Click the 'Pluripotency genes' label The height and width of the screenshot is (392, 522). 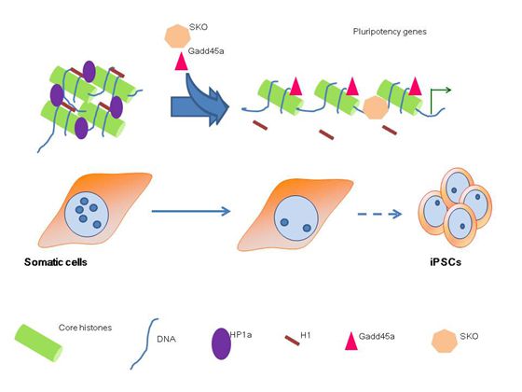390,32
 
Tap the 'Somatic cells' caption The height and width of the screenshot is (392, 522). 56,262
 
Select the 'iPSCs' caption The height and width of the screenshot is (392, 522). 446,262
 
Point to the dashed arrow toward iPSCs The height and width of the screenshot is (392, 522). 380,214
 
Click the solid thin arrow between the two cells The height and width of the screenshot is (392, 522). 191,211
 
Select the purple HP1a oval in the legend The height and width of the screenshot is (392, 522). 222,343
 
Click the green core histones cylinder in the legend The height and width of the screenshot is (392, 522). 38,343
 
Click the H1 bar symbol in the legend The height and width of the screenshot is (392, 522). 292,341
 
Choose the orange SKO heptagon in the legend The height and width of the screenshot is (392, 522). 445,341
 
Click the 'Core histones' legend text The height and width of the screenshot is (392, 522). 85,328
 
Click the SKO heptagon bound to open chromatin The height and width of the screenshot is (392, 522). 376,107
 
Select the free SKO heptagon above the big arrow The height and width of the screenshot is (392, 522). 177,36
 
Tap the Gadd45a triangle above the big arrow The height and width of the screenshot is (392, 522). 182,62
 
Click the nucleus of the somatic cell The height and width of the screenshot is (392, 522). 87,215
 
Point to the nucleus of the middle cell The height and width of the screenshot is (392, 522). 296,218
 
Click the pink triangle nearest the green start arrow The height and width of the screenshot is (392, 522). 415,86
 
